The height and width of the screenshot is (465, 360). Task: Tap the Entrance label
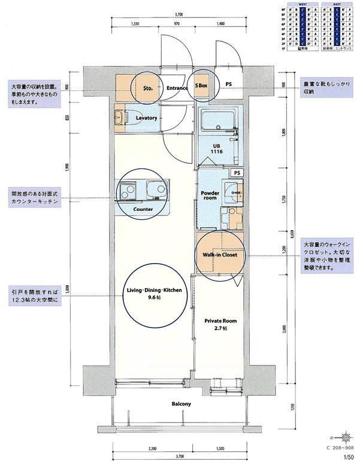point(177,87)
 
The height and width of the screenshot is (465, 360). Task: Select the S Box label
point(201,86)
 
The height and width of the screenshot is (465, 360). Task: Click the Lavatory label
point(147,118)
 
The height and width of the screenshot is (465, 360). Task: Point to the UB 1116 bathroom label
point(216,149)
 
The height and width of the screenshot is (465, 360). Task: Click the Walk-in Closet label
point(220,255)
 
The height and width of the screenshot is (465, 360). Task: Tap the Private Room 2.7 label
point(218,324)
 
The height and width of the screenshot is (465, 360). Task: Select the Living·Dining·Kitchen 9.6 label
point(154,294)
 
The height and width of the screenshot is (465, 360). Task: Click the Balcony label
point(181,404)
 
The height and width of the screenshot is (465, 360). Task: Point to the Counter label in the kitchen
point(143,209)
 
